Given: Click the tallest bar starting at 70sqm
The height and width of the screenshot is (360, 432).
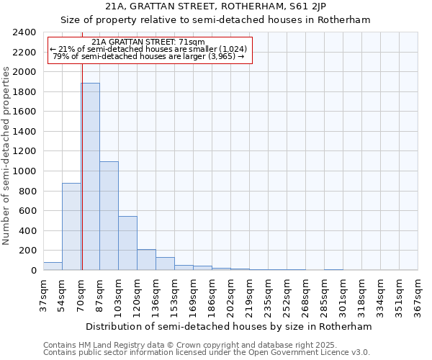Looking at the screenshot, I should [x=90, y=176].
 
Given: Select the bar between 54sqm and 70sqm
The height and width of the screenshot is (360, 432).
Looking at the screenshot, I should [x=71, y=227].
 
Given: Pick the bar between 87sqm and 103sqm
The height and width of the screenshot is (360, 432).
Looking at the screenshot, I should [x=109, y=216].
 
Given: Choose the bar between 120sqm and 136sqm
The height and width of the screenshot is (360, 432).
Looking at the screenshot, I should [x=146, y=260].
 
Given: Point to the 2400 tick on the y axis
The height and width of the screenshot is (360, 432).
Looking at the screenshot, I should [x=24, y=32].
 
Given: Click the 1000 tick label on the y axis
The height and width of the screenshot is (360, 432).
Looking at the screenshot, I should [x=24, y=171].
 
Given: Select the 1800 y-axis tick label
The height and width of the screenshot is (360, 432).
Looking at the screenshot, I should [x=24, y=92].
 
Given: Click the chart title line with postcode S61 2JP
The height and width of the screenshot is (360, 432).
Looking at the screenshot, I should [x=215, y=6].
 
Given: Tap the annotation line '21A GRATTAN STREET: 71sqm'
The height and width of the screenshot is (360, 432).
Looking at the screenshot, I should [x=149, y=42].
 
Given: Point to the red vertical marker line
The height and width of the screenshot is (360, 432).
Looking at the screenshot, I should [x=82, y=180].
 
